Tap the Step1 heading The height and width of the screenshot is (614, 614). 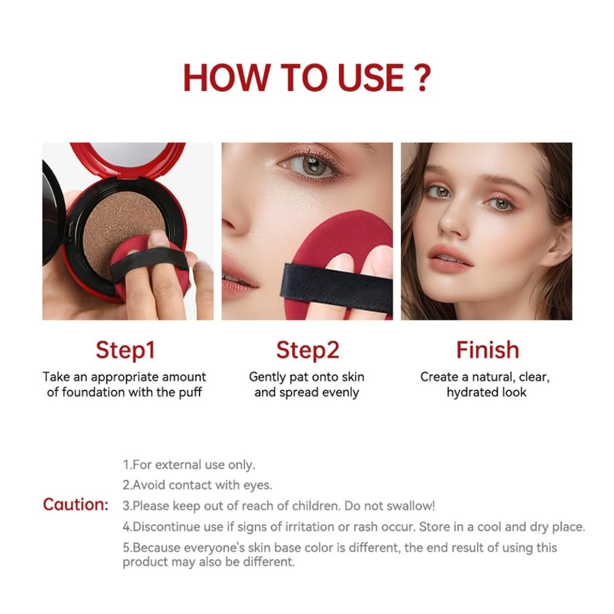click(125, 350)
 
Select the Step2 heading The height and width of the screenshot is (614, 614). click(308, 350)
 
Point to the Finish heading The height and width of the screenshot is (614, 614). click(488, 350)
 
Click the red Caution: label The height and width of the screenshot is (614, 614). click(76, 505)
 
